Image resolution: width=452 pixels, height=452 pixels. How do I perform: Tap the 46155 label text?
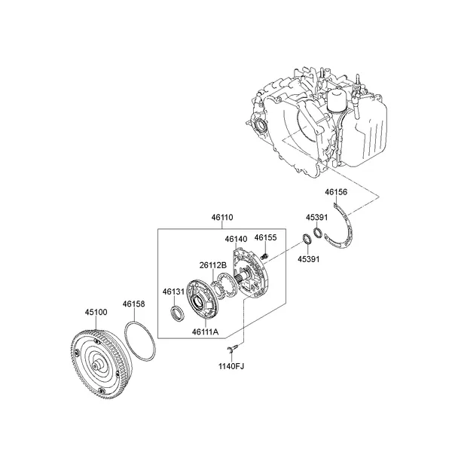click(265, 237)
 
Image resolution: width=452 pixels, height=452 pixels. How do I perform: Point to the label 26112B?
click(213, 264)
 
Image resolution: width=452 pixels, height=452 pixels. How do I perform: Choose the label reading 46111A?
click(205, 331)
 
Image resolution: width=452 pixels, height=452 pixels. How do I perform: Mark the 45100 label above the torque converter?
click(95, 311)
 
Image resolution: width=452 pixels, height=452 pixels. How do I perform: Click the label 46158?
click(133, 304)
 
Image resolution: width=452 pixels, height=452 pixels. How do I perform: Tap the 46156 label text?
click(336, 192)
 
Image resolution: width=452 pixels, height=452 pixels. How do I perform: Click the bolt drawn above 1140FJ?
click(234, 348)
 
